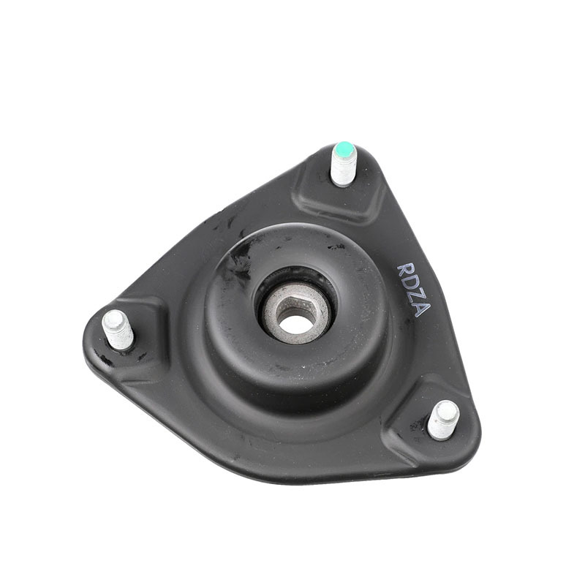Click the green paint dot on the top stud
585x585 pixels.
pos(344,150)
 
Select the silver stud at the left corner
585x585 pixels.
pos(118,330)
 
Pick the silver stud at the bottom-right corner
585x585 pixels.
pos(443,420)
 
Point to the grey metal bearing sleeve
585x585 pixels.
pos(295,314)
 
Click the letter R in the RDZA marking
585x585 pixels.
pos(406,271)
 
